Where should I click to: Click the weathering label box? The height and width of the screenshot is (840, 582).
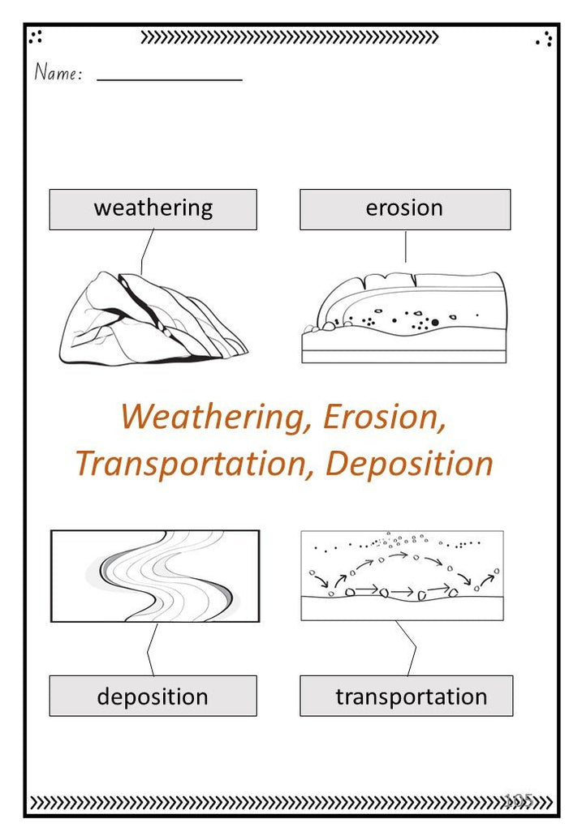pos(153,209)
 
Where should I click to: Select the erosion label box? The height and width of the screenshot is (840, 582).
pos(405,209)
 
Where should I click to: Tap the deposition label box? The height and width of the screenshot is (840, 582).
pos(153,696)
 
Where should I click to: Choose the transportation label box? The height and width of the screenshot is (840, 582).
pos(406,696)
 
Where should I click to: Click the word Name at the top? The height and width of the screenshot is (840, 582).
pos(58,73)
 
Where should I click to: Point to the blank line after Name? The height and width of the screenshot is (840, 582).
pos(169,79)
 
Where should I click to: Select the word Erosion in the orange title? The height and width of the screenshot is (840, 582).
pos(384,417)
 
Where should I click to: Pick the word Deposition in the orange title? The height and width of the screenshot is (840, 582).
pos(409,464)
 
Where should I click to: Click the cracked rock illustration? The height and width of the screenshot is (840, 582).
pos(153,319)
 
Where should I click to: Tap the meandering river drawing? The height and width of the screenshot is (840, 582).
pos(155,576)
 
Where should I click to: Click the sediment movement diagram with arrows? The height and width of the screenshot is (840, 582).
pos(402,575)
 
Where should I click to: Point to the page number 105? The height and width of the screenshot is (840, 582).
pos(518,799)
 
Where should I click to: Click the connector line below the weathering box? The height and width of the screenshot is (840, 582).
pos(147,251)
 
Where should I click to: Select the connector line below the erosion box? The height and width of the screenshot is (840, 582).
pos(405,246)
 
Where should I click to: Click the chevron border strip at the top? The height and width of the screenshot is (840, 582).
pos(290,36)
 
